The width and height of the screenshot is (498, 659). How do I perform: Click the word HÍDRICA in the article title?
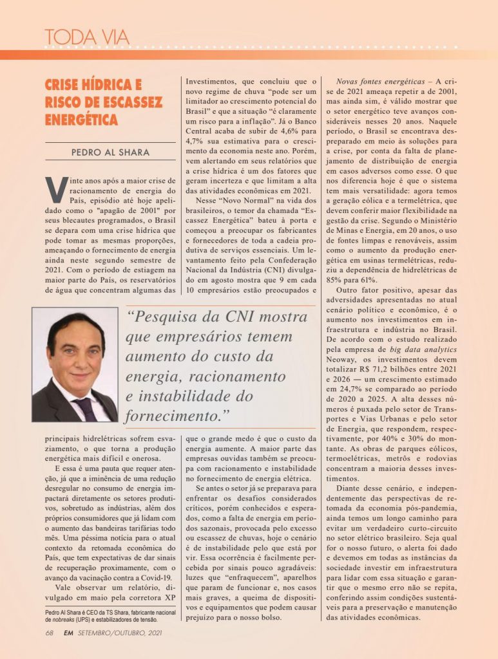pyautogui.click(x=118, y=85)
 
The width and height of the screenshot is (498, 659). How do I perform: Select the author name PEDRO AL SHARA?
pyautogui.click(x=110, y=153)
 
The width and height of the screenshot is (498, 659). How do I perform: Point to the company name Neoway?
pyautogui.click(x=343, y=360)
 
